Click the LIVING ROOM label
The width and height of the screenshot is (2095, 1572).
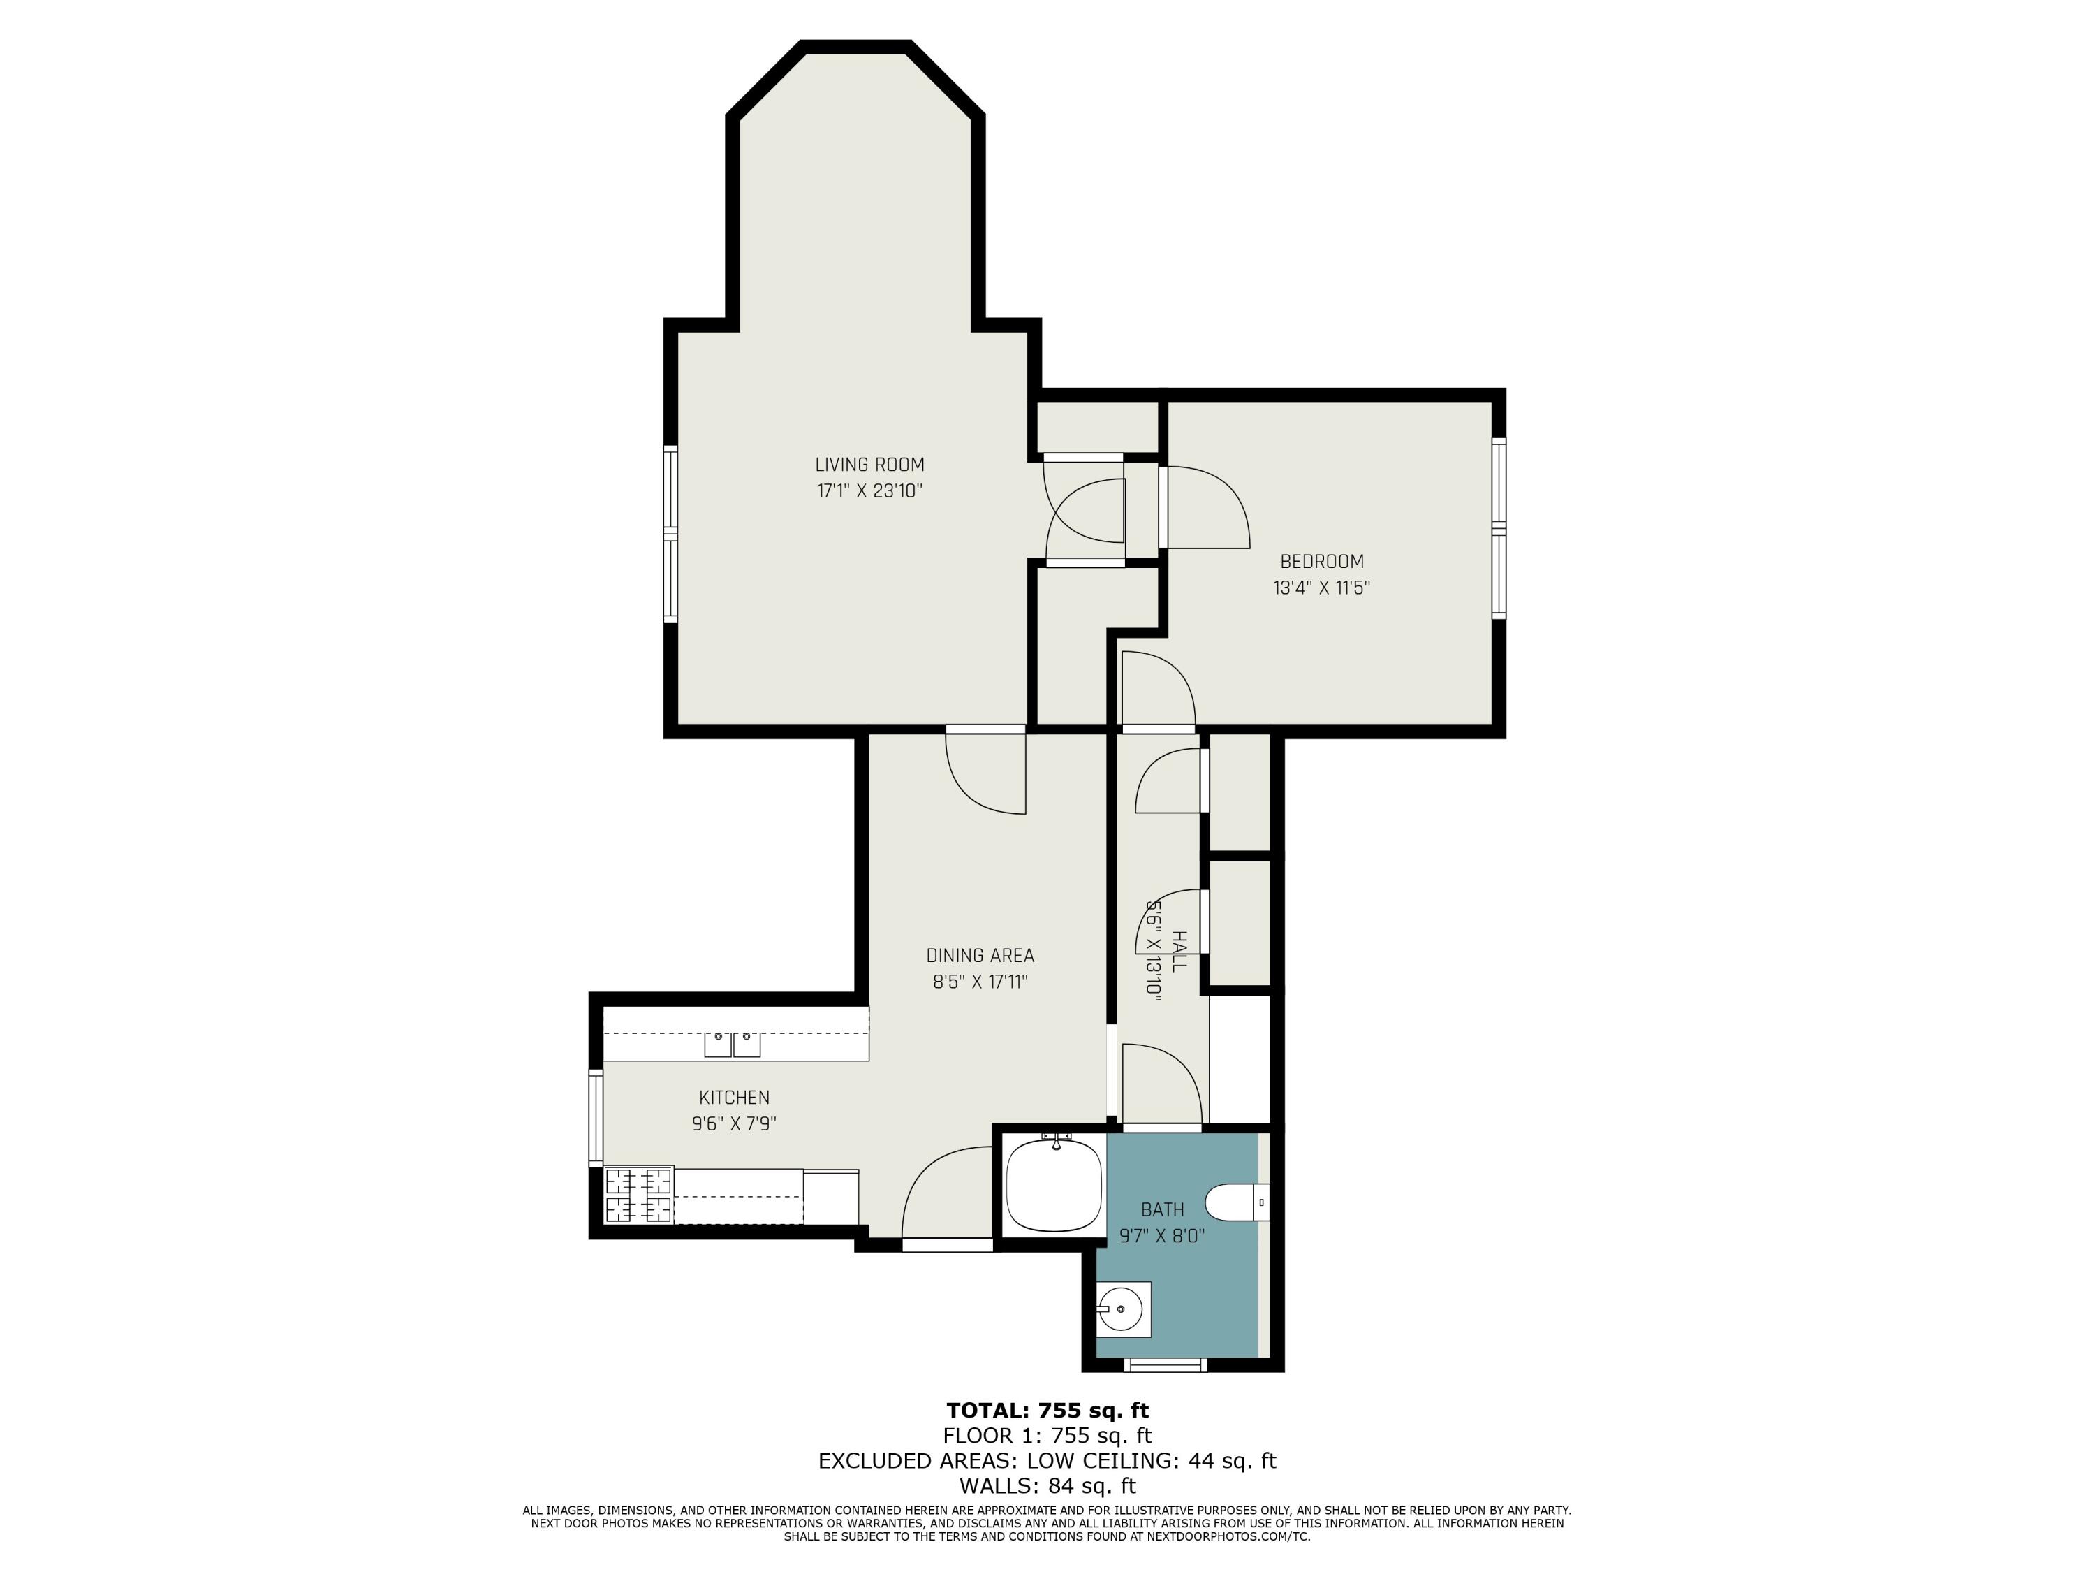[x=869, y=465]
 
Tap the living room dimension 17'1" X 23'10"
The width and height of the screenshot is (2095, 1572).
[x=869, y=491]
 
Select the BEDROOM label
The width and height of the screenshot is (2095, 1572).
[x=1321, y=561]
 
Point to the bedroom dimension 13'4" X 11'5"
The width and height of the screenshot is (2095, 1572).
[x=1321, y=588]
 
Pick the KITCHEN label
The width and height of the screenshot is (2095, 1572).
[x=734, y=1098]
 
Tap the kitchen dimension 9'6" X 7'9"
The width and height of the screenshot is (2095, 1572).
[x=734, y=1123]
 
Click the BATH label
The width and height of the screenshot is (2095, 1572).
[x=1162, y=1209]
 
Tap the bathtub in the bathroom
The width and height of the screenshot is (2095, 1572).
[x=1053, y=1184]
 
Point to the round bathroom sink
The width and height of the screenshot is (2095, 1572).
[x=1123, y=1309]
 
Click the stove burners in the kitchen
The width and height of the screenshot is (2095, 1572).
[x=638, y=1195]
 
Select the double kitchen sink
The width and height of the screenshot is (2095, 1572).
[x=732, y=1045]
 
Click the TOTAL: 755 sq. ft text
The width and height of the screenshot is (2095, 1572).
[x=1047, y=1411]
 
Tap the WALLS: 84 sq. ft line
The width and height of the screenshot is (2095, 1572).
[x=1047, y=1486]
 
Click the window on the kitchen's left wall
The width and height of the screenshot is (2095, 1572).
[x=596, y=1117]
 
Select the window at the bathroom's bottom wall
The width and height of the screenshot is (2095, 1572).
[x=1165, y=1364]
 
